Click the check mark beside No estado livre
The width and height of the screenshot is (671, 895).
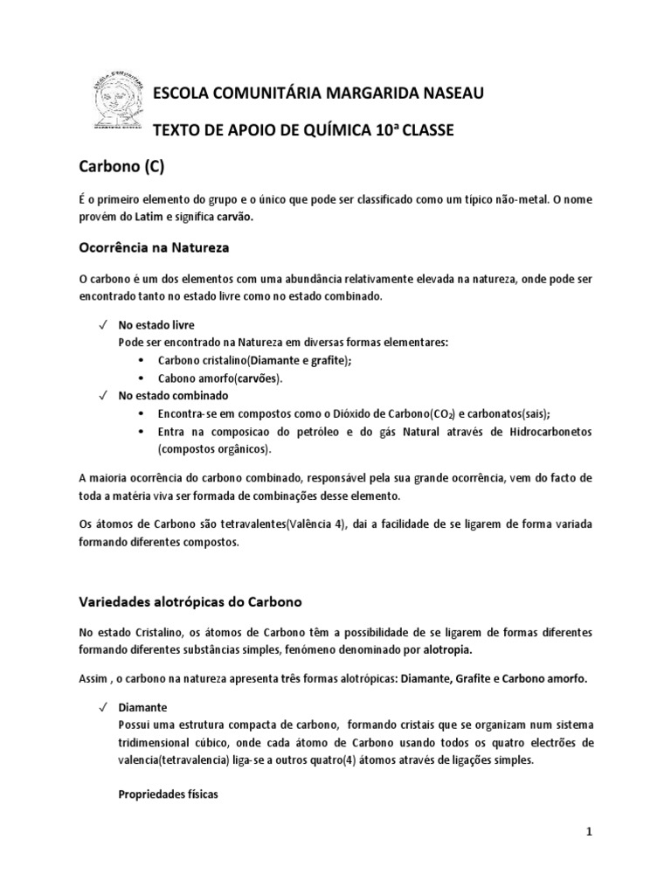click(x=102, y=324)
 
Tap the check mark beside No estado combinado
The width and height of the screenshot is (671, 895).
click(x=102, y=395)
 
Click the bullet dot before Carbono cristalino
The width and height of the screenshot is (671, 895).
click(x=143, y=360)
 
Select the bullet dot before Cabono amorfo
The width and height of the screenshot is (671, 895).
click(x=143, y=378)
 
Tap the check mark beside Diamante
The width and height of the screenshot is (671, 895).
click(x=102, y=706)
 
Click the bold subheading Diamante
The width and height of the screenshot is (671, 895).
click(x=142, y=706)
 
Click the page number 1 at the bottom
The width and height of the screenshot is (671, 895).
click(x=589, y=832)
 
